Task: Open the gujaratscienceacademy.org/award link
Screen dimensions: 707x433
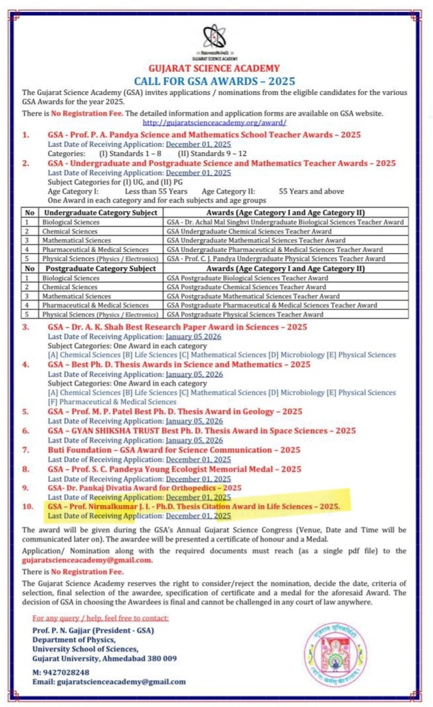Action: tap(215, 124)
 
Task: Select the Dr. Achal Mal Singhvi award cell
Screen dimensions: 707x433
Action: tap(286, 222)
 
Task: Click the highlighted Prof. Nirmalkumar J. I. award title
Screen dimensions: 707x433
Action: tap(194, 506)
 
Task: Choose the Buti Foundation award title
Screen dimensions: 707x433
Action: tap(165, 449)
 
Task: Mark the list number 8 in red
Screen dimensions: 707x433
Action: tap(25, 468)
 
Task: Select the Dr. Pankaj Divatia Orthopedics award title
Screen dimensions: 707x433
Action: tap(144, 487)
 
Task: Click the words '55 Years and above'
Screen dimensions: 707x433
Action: tap(311, 191)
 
